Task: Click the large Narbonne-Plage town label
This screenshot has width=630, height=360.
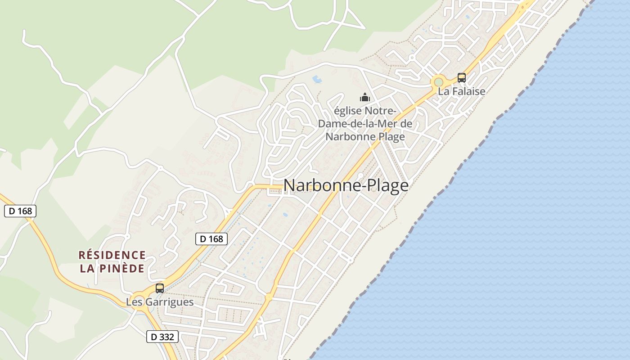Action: click(346, 185)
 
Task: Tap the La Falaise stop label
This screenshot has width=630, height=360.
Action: click(462, 91)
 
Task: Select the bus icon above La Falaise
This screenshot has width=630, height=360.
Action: click(462, 77)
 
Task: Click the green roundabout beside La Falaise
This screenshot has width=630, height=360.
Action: click(438, 82)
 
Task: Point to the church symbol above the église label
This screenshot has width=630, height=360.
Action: click(364, 97)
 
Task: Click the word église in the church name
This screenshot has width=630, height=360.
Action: click(347, 111)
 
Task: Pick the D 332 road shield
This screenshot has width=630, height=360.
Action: click(162, 336)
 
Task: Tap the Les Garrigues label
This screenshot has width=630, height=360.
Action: click(160, 302)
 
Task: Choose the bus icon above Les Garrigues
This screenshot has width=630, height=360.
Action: click(160, 288)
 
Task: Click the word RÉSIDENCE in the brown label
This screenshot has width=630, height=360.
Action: click(112, 256)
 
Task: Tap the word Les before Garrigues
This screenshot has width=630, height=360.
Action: click(133, 302)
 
